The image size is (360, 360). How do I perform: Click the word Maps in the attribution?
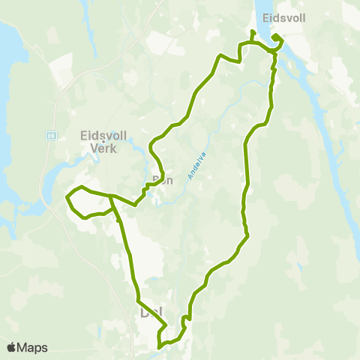tap(32, 347)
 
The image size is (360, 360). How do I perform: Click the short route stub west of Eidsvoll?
tap(252, 35)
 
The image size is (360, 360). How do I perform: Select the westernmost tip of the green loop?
tap(67, 199)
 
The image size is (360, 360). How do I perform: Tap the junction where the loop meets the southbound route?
tap(111, 196)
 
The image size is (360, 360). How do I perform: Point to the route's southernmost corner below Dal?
tap(159, 346)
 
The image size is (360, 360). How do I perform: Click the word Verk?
tap(103, 148)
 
